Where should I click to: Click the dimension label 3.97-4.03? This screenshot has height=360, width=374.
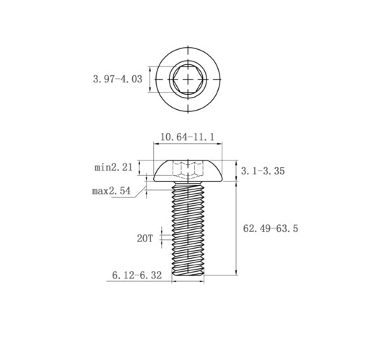point(118,80)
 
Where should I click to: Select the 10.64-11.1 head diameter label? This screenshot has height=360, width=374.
point(187,137)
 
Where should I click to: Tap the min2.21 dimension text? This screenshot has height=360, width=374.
point(113,167)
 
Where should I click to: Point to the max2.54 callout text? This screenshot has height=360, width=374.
point(111,191)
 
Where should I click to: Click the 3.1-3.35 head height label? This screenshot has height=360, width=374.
point(263,171)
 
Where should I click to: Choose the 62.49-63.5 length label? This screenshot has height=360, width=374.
point(271,228)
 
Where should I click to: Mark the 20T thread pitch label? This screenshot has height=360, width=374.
point(145,239)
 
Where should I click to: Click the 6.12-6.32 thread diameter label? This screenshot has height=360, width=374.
point(137,275)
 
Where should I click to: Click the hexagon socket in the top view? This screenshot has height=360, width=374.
point(188,79)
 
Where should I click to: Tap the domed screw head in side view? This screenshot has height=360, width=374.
point(188,171)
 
